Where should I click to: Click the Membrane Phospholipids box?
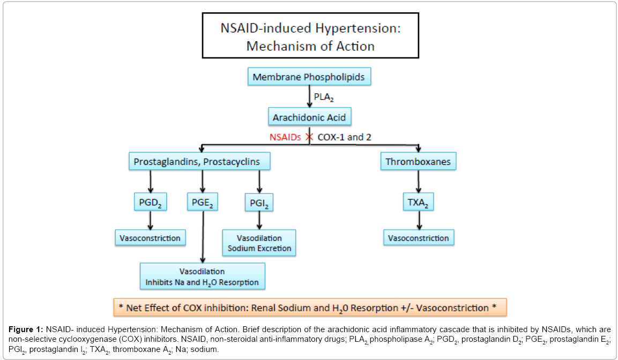(x=309, y=77)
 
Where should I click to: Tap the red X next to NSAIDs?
(x=309, y=137)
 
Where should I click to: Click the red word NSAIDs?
(x=285, y=137)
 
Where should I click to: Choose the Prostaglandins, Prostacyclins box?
(x=199, y=161)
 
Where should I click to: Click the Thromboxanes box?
(x=418, y=161)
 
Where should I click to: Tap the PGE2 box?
(x=203, y=203)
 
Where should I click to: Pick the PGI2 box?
(x=259, y=203)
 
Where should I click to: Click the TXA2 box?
(x=418, y=203)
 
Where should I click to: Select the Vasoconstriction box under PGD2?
(x=150, y=238)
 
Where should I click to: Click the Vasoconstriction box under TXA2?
(x=419, y=238)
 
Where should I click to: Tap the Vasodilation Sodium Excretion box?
(x=259, y=243)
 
